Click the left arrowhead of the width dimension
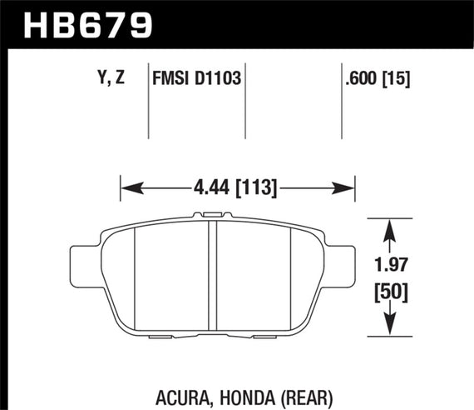pyautogui.click(x=128, y=187)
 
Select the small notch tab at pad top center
pyautogui.click(x=213, y=217)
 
